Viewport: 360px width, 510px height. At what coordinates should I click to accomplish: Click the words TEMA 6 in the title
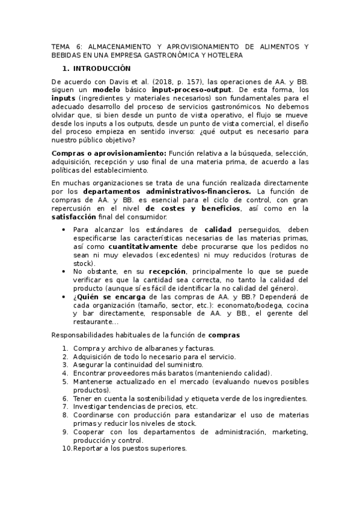[x=64, y=46]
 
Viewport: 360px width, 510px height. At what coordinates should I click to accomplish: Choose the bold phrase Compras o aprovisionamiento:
[x=109, y=153]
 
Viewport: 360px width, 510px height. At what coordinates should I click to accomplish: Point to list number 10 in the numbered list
[x=67, y=448]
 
